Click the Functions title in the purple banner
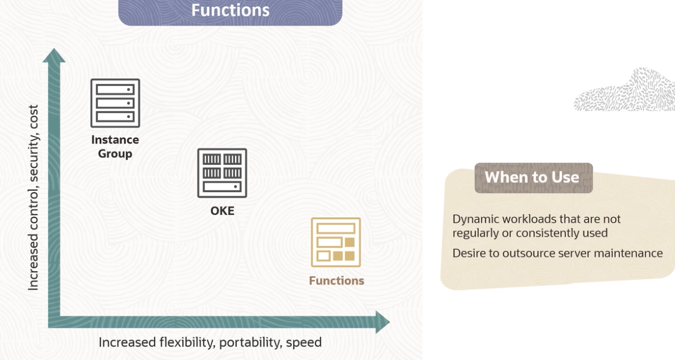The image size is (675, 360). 230,10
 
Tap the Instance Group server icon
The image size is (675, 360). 115,103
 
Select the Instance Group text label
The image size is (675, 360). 115,146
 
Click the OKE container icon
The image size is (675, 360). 222,173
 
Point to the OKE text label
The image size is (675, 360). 222,211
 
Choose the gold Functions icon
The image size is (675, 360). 336,242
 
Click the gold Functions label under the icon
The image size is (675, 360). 336,281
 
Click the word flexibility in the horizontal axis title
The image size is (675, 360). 182,342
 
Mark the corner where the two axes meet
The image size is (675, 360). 54,322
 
